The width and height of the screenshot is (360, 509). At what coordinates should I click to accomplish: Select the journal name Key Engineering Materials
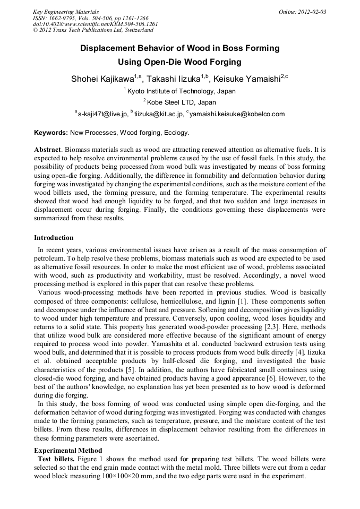(66, 12)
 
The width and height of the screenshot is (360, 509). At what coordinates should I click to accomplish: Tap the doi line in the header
(96, 24)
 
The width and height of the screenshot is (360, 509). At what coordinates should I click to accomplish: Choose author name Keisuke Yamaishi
(246, 79)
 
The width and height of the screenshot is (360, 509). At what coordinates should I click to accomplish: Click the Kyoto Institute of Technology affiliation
(181, 91)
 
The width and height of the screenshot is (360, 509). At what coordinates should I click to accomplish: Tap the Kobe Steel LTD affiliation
(181, 102)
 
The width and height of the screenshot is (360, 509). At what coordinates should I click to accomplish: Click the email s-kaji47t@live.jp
(102, 114)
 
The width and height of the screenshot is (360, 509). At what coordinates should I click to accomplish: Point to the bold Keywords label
(51, 133)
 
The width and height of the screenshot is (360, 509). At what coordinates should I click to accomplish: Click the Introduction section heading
(54, 237)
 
